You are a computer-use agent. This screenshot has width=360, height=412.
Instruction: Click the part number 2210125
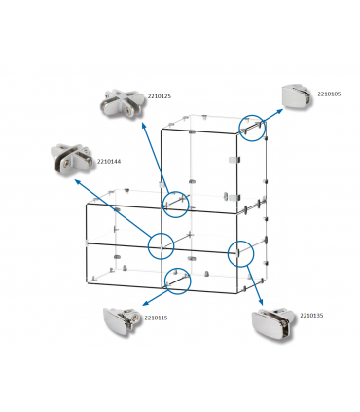pos(160,96)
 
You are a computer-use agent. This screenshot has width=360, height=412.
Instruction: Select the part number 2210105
pos(329,94)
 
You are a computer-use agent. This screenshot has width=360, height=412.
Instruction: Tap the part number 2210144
pos(108,162)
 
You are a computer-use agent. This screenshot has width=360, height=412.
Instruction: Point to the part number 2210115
pos(156,318)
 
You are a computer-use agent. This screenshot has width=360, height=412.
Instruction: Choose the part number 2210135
pos(312,316)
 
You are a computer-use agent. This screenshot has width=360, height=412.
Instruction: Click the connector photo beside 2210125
pos(121,102)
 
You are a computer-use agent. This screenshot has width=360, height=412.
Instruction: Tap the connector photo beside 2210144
pos(70,160)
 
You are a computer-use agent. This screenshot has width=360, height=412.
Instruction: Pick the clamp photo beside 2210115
pos(123,320)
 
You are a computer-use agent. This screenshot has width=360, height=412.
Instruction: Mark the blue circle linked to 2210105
pos(252,129)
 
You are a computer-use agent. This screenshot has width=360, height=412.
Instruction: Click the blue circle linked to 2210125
pos(175,204)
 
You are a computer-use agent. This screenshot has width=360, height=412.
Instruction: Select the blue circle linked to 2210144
pos(161,245)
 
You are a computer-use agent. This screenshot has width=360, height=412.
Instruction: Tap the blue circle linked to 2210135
pos(240,253)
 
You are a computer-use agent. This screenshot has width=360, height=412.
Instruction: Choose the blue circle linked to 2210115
pos(176,281)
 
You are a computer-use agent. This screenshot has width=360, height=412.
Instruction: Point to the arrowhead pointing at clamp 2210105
pos(283,109)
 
